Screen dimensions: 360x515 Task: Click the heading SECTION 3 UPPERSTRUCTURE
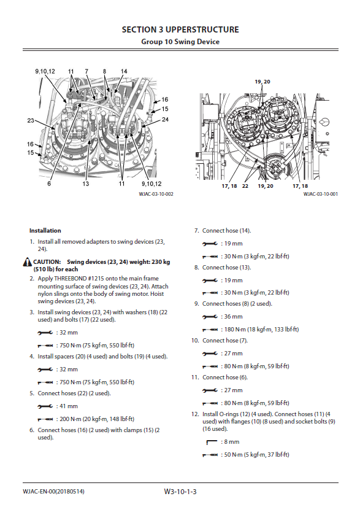coord(180,29)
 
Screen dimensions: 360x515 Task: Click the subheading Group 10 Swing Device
coord(180,42)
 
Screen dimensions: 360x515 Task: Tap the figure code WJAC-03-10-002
coord(156,194)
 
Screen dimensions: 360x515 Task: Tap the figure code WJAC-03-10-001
coord(320,194)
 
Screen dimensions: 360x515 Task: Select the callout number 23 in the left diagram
coord(31,120)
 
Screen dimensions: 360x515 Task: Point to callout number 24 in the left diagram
coord(165,120)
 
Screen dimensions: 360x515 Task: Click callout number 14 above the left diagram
coord(124,71)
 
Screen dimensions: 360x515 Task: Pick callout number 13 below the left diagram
coord(86,184)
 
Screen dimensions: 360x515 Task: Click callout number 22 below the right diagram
coord(245,186)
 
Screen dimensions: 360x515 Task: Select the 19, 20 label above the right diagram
coord(262,82)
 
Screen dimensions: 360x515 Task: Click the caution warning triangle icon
coord(28,262)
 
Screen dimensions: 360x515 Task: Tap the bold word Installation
coord(45,231)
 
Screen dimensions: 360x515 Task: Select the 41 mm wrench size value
coord(69,406)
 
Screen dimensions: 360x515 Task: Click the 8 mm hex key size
coord(232,442)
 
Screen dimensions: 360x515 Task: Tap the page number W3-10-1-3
coord(180,492)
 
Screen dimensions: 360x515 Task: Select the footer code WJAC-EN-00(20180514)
coord(53,492)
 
